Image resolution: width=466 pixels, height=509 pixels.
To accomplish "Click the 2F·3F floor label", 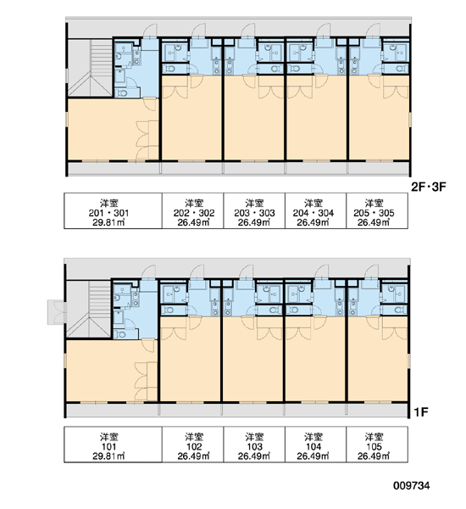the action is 429,187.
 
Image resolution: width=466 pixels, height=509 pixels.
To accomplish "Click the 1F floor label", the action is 421,412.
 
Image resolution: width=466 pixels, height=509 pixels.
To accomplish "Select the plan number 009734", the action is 412,485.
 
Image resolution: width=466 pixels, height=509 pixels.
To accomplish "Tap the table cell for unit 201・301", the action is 113,211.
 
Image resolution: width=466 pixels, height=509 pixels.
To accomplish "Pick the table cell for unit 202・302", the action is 192,211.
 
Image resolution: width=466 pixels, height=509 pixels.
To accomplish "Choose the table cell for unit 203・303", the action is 254,211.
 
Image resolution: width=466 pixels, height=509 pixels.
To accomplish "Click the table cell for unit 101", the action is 113,445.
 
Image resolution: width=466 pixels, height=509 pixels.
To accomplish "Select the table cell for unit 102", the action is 192,445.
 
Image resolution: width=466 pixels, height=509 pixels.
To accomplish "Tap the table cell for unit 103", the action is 254,445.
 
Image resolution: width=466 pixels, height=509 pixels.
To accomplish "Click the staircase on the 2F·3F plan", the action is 90,68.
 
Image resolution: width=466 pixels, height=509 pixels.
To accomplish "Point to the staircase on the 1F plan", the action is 89,310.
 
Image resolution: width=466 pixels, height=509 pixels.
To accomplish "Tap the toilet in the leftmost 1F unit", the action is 121,334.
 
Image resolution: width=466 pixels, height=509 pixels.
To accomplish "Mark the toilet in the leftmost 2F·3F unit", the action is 123,93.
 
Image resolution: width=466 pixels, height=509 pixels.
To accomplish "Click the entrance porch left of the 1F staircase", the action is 57,312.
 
